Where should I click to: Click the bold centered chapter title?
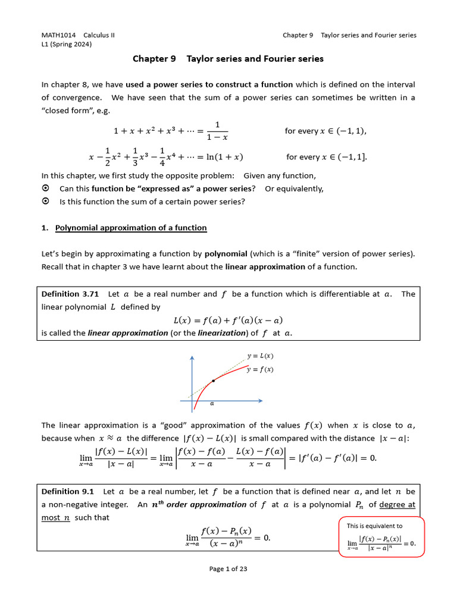pyautogui.click(x=228, y=59)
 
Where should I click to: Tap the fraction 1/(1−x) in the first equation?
pyautogui.click(x=218, y=131)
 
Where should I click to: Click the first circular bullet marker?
pyautogui.click(x=46, y=189)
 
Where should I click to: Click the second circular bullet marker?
pyautogui.click(x=46, y=202)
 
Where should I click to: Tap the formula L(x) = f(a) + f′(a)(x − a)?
pyautogui.click(x=228, y=320)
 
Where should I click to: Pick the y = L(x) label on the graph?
pyautogui.click(x=260, y=356)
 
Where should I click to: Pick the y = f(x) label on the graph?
pyautogui.click(x=260, y=369)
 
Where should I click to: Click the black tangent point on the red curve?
pyautogui.click(x=213, y=380)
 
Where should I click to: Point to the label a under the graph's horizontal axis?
pyautogui.click(x=212, y=403)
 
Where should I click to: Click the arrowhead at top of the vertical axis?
pyautogui.click(x=192, y=359)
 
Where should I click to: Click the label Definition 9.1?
pyautogui.click(x=68, y=491)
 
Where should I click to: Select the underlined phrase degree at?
pyautogui.click(x=397, y=504)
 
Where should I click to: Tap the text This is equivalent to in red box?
pyautogui.click(x=374, y=526)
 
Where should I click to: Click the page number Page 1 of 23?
pyautogui.click(x=228, y=569)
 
